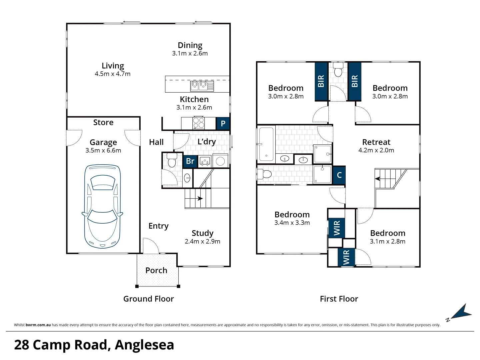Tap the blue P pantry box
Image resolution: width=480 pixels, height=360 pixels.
[223, 123]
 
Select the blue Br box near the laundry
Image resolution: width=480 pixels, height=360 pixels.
[190, 161]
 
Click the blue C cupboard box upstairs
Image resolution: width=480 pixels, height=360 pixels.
[339, 175]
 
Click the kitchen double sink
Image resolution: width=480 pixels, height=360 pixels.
[202, 86]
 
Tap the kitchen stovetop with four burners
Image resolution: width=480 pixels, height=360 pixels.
[198, 123]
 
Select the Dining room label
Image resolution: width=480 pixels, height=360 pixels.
[190, 45]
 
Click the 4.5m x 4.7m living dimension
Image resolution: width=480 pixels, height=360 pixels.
[112, 74]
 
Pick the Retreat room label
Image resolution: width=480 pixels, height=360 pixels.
[376, 142]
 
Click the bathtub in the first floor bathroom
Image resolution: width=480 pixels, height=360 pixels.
[266, 144]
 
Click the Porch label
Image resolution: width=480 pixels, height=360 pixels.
[156, 270]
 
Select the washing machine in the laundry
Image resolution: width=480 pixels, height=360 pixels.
[220, 161]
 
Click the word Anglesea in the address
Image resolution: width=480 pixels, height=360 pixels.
[144, 345]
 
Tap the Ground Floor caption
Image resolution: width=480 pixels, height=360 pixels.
[148, 299]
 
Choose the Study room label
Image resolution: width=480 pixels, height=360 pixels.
[202, 233]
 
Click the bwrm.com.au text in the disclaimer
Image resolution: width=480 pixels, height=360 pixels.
[38, 325]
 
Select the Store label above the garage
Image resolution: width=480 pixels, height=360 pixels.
[103, 122]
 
